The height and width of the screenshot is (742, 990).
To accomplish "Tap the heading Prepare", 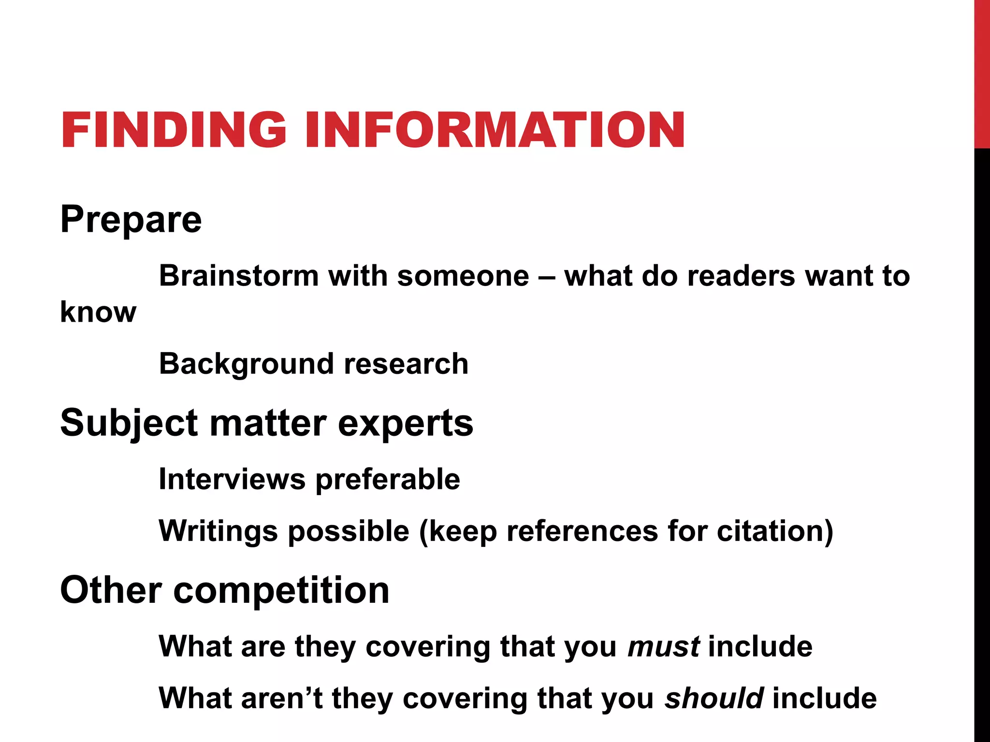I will click(131, 220).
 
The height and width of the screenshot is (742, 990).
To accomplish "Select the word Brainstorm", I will click(239, 276).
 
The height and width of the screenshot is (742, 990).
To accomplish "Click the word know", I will click(98, 312).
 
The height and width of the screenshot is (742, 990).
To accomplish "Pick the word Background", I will click(246, 364).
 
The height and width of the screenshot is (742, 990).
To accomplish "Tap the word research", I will click(406, 364).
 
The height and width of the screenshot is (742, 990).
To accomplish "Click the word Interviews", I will click(232, 479).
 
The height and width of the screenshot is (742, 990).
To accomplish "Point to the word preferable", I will click(388, 480).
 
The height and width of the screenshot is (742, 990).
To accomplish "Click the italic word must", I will click(663, 646).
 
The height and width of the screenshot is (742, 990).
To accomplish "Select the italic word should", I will click(714, 698).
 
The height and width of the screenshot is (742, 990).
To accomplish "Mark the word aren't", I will click(282, 698).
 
